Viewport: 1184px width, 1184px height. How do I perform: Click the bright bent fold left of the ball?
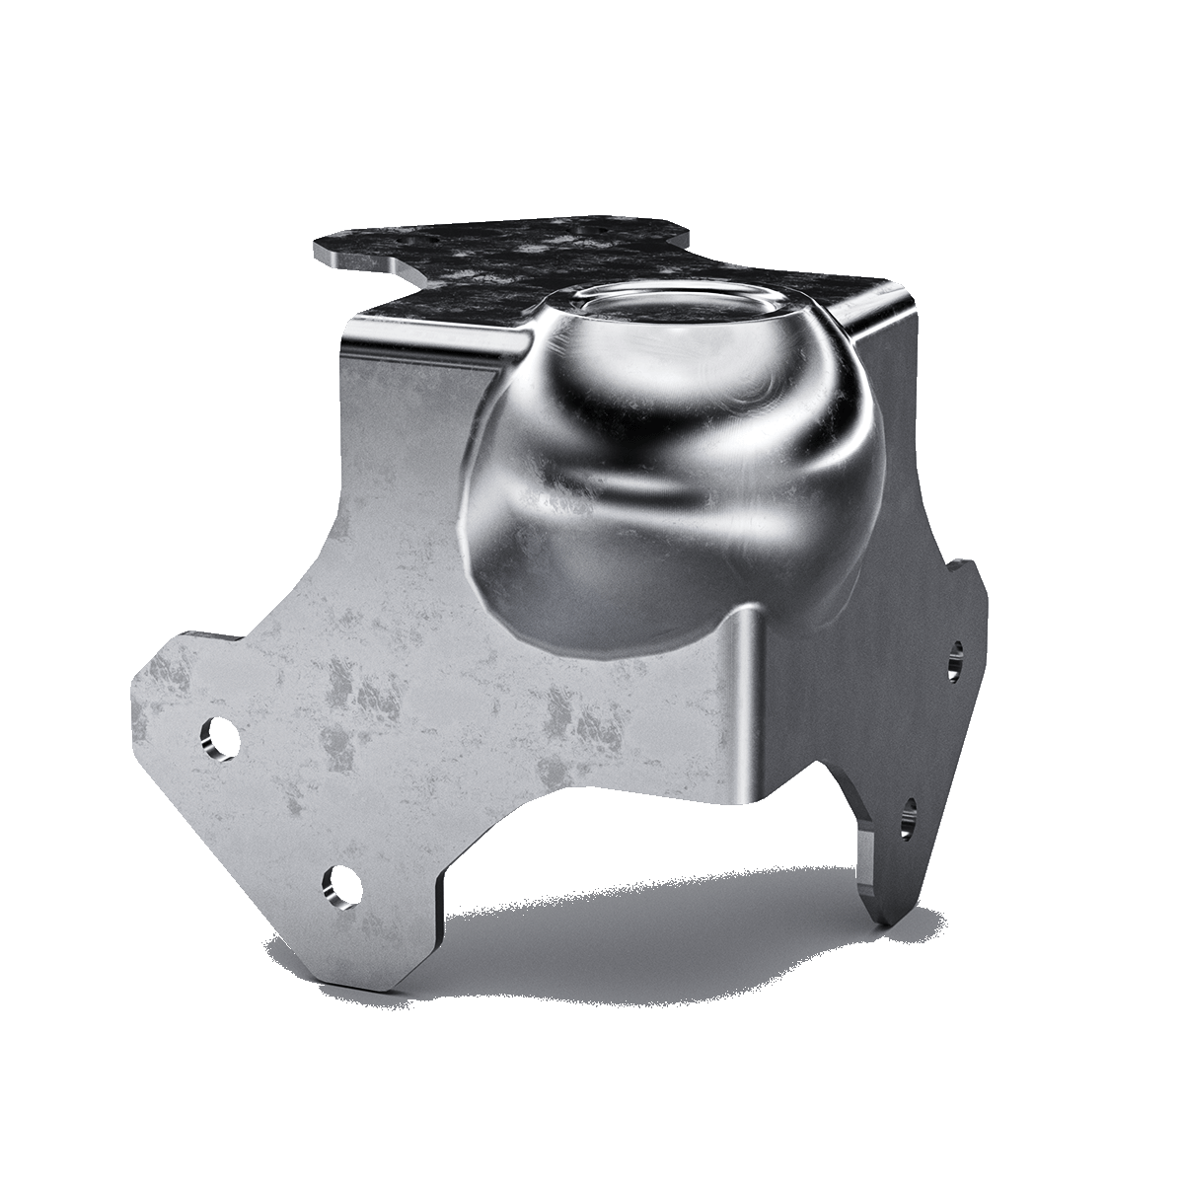[424, 345]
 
